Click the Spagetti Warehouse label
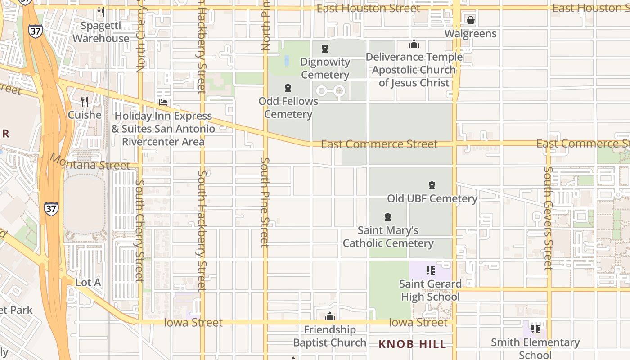point(101,32)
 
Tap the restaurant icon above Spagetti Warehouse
point(101,12)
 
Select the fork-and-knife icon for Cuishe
point(85,102)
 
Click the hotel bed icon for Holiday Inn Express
point(163,103)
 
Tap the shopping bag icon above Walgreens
point(471,20)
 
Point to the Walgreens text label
point(471,34)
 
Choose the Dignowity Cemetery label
point(325,68)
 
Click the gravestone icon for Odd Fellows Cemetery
point(288,88)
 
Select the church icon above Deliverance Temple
point(414,44)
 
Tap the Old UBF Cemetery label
point(432,198)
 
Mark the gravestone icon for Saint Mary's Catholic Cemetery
point(388,217)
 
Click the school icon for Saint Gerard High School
point(431,270)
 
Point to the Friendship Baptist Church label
point(330,336)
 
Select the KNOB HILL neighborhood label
point(412,344)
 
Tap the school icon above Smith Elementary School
point(535,328)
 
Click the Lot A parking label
point(88,283)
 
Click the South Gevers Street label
point(548,218)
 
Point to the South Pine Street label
point(265,202)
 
